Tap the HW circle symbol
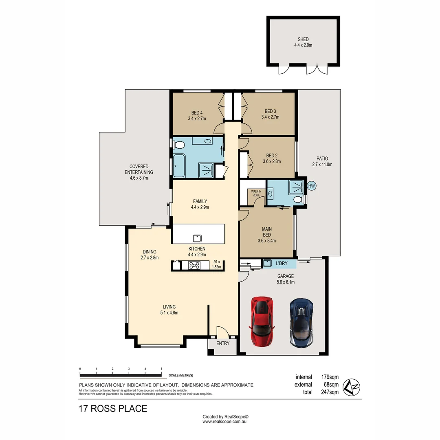tap(312, 186)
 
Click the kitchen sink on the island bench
tap(198, 238)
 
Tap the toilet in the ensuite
tap(299, 199)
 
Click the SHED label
tap(303, 40)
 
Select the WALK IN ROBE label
tap(255, 193)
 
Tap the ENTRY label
tap(223, 343)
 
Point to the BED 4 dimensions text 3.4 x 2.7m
tap(197, 119)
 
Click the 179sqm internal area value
tap(330, 377)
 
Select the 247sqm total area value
tap(330, 392)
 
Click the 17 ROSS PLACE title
tap(113, 409)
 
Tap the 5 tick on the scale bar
tap(161, 369)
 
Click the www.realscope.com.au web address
tap(225, 422)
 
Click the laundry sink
tap(268, 263)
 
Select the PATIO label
tap(322, 158)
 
